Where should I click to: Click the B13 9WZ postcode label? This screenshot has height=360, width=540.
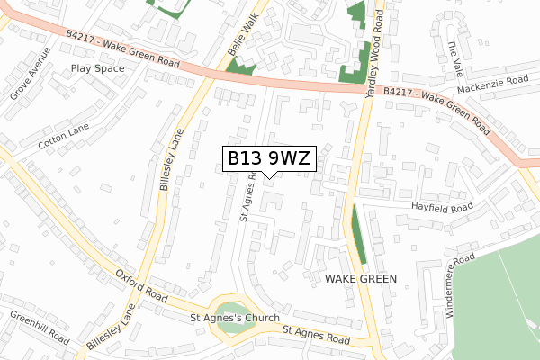click(269, 158)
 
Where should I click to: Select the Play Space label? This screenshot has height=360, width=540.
click(97, 67)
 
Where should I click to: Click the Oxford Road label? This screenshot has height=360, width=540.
click(140, 283)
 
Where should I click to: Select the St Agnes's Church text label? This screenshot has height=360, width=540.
click(235, 318)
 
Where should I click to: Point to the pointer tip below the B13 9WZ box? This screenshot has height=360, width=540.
click(269, 177)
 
